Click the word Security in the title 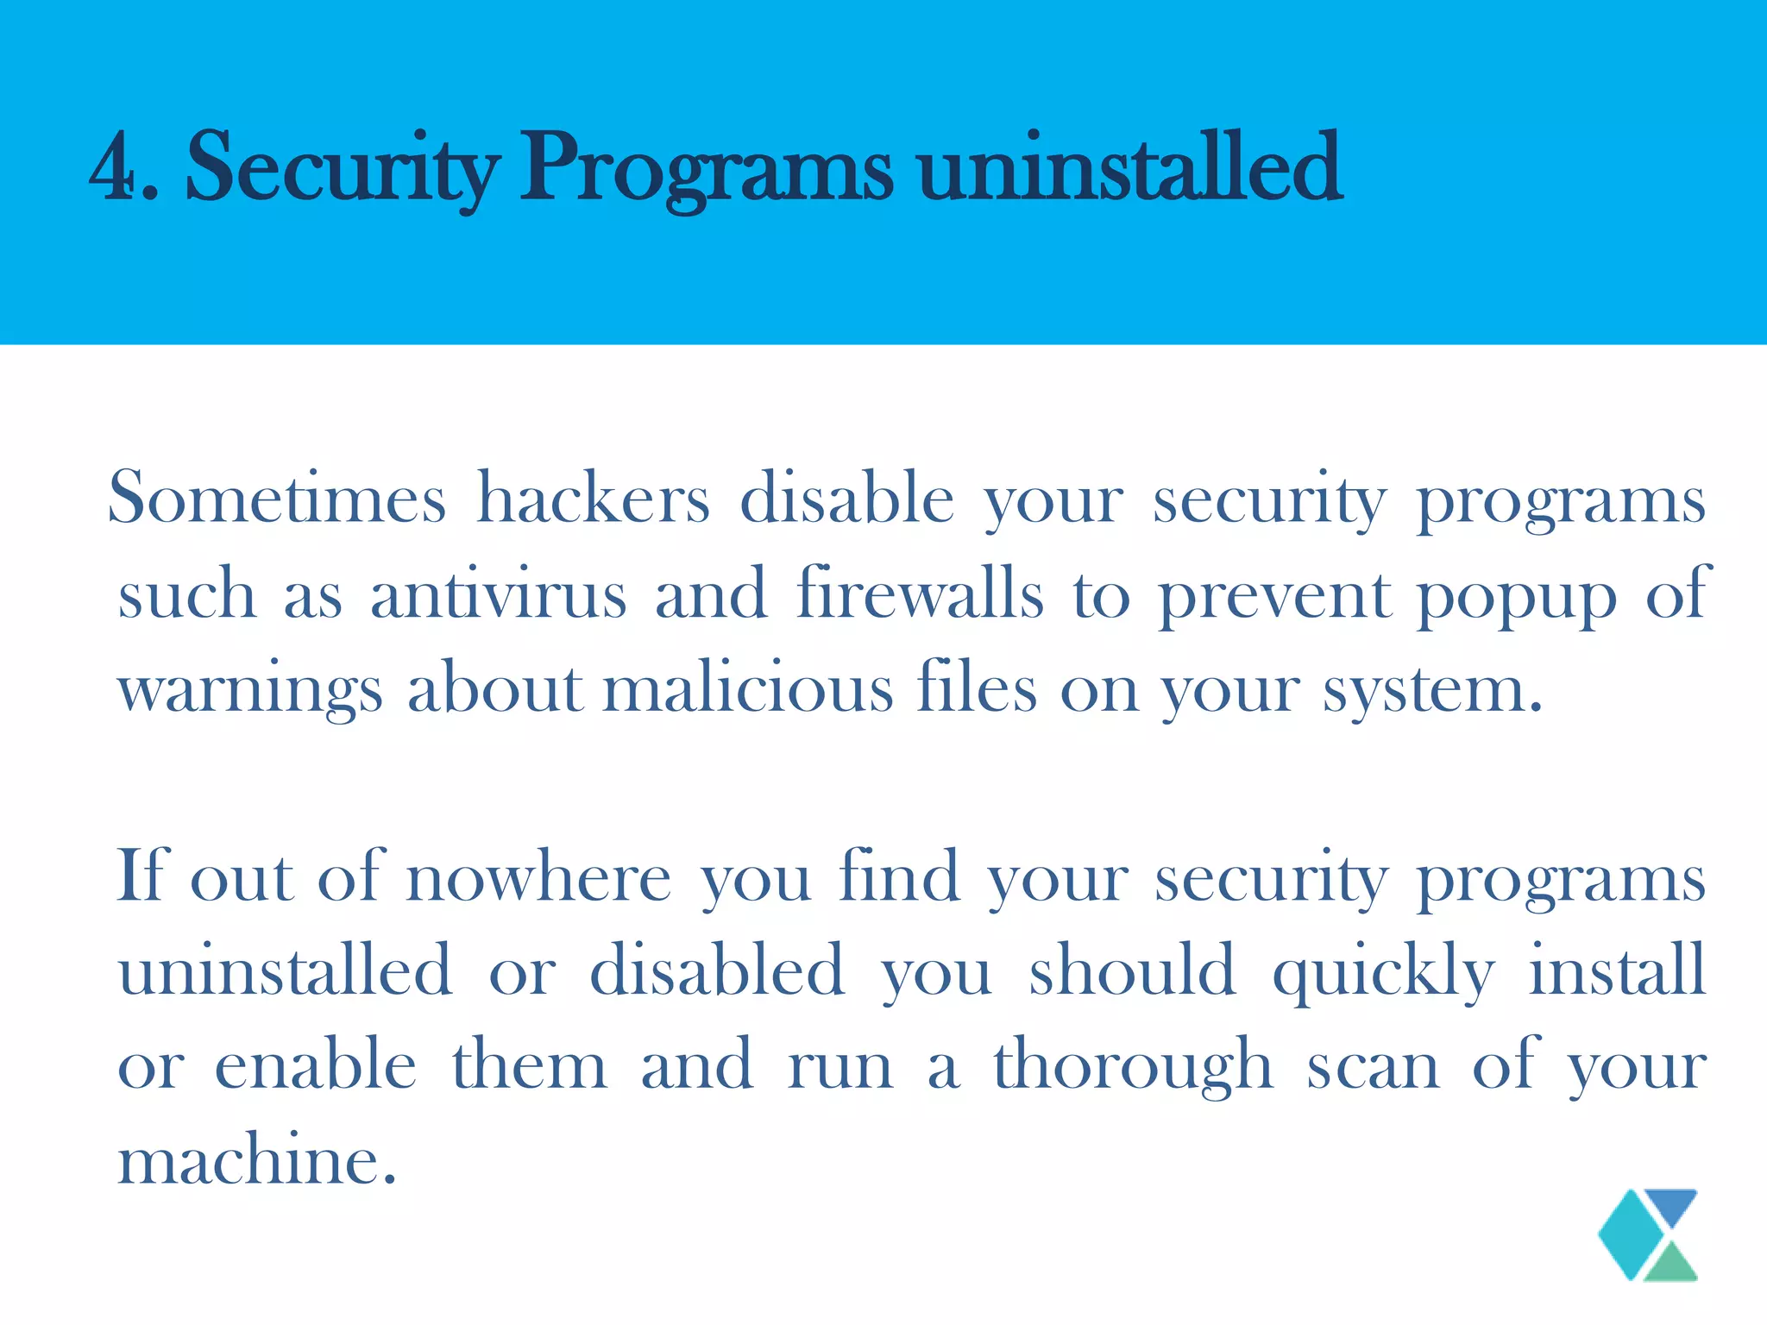click(342, 167)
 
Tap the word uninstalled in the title click(1129, 167)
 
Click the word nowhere click(538, 877)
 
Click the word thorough click(1133, 1066)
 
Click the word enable click(316, 1064)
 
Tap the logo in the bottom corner click(1648, 1234)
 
